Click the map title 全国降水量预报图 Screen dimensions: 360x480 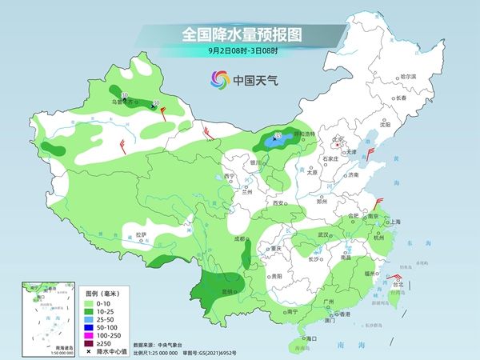pyautogui.click(x=240, y=34)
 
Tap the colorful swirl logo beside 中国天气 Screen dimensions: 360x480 pyautogui.click(x=218, y=80)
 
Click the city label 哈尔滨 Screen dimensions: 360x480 pyautogui.click(x=408, y=77)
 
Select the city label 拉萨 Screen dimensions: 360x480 pyautogui.click(x=142, y=234)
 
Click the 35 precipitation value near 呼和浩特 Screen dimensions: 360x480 pyautogui.click(x=278, y=135)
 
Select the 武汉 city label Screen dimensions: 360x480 pyautogui.click(x=324, y=234)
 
